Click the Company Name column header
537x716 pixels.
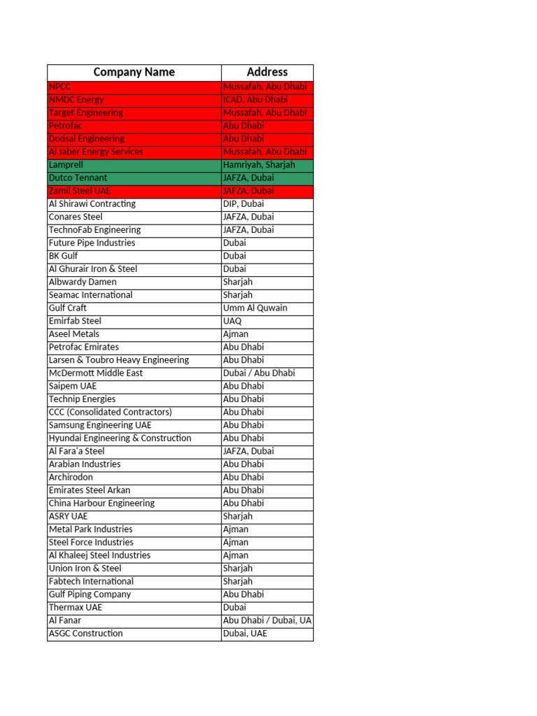click(x=134, y=72)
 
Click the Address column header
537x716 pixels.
click(x=267, y=72)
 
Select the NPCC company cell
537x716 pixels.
click(x=134, y=87)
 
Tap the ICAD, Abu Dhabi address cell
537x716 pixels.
click(x=267, y=100)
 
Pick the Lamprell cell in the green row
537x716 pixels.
click(x=134, y=165)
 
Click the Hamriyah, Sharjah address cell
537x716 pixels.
click(x=267, y=165)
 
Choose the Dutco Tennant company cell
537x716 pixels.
click(x=134, y=178)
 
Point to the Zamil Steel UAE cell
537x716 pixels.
click(x=134, y=191)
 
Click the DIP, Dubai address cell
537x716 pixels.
click(x=267, y=204)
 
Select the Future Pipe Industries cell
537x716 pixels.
click(x=134, y=243)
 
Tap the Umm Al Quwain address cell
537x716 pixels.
click(x=267, y=308)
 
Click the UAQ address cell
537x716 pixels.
click(x=267, y=321)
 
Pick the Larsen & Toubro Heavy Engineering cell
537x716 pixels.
click(x=134, y=360)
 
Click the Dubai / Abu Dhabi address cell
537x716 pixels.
click(x=267, y=373)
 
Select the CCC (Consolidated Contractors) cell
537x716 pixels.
click(x=134, y=413)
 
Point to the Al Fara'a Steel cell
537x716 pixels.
click(x=134, y=452)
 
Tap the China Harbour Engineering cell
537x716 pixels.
click(x=134, y=503)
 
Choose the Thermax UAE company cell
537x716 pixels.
click(x=134, y=608)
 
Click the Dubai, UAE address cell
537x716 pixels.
click(x=267, y=634)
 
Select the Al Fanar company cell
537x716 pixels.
click(x=134, y=621)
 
